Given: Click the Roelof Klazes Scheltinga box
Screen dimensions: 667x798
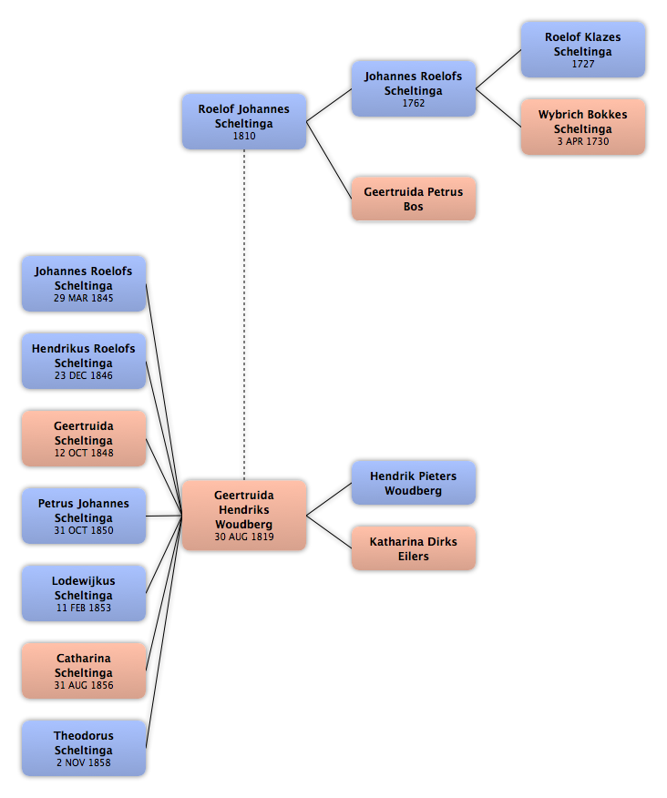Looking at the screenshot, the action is click(x=583, y=49).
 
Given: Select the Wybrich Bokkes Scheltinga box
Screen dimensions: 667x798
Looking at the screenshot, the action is click(x=583, y=127).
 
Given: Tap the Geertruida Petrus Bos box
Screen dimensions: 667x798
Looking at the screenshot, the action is click(x=414, y=199).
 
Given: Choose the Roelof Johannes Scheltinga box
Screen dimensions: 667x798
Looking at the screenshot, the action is click(x=244, y=121).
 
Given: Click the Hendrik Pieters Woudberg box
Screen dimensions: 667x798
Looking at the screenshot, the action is click(x=414, y=483).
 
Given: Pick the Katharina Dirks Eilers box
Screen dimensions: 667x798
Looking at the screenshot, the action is click(x=414, y=548).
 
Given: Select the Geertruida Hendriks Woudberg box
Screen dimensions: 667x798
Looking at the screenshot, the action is click(x=244, y=515).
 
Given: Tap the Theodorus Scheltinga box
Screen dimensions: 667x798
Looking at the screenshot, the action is click(x=84, y=748).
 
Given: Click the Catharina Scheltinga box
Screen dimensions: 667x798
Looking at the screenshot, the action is click(x=84, y=670).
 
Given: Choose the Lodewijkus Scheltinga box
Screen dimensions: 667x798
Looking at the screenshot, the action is click(x=84, y=593).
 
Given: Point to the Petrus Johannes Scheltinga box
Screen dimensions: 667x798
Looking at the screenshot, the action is click(x=84, y=516).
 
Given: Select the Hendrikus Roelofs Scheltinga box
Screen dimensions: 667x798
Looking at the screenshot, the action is click(x=84, y=361).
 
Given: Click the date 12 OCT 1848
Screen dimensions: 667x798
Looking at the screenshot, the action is click(x=84, y=453).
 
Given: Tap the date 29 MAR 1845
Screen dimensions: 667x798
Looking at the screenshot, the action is click(x=84, y=298).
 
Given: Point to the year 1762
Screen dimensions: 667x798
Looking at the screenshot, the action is click(x=414, y=103).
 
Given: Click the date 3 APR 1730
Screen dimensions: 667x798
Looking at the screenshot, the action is click(x=583, y=141).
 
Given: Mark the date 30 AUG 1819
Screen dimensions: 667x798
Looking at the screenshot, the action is click(x=244, y=537).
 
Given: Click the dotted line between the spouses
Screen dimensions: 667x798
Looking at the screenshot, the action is click(x=244, y=314).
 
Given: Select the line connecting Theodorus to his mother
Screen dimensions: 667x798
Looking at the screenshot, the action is click(x=164, y=631).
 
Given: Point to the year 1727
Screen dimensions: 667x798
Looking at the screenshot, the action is click(x=583, y=64).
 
